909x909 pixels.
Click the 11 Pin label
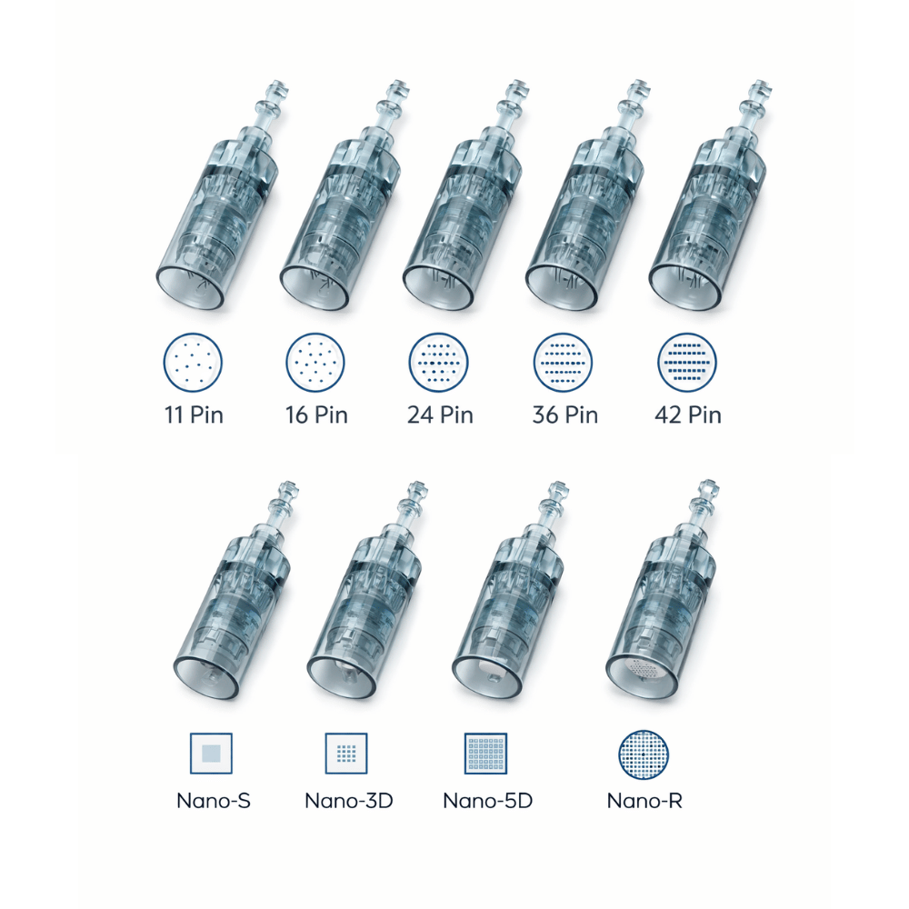193,415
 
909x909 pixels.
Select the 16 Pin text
316,415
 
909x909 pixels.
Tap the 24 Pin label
440,415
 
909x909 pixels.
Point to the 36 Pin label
564,415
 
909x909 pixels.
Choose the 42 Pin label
688,415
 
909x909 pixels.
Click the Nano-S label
214,801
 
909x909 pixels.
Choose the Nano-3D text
348,801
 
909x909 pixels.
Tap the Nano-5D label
487,801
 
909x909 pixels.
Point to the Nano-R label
644,801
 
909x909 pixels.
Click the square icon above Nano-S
211,753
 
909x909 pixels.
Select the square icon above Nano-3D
346,753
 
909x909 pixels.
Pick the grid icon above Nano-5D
485,753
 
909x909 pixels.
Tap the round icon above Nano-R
644,753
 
